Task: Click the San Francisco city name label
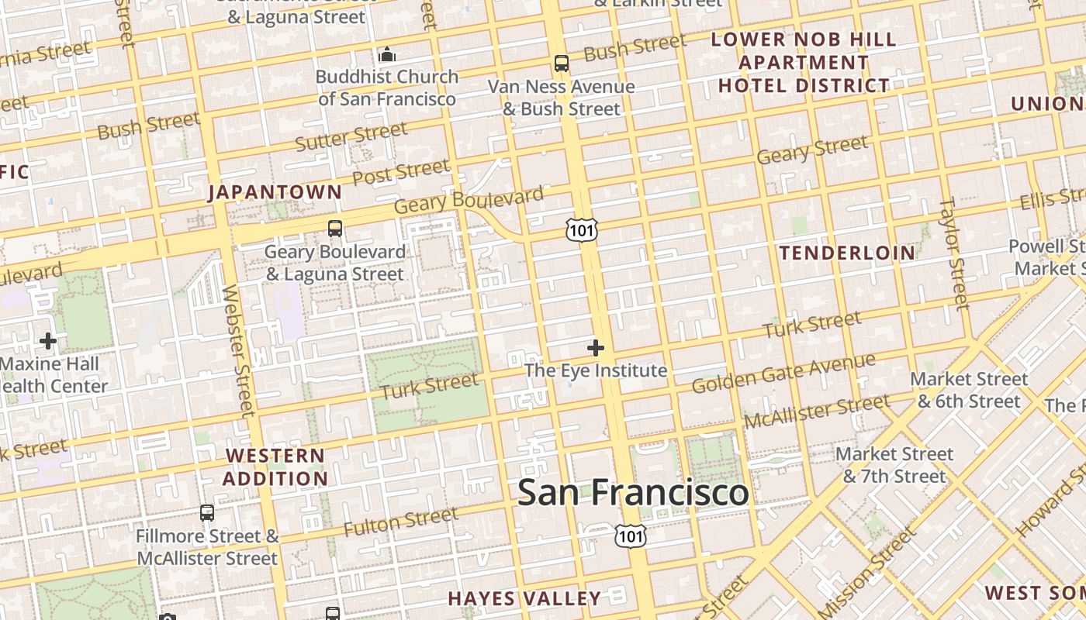tap(633, 493)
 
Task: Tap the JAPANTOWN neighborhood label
tap(275, 192)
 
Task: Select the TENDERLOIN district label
tap(847, 253)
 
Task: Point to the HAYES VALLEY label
tap(524, 598)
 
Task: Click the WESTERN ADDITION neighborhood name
tap(275, 467)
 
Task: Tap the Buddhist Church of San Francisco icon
tap(386, 55)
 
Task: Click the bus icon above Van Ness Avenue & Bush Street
tap(561, 64)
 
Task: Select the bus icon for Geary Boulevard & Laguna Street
tap(335, 229)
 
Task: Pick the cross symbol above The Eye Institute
tap(595, 348)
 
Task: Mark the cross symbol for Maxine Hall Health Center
tap(48, 340)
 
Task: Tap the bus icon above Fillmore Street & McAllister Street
tap(207, 512)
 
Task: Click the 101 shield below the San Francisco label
tap(630, 535)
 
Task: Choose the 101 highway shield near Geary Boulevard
tap(581, 229)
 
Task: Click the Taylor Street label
tap(954, 253)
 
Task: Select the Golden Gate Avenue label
tap(783, 373)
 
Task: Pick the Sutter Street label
tap(351, 137)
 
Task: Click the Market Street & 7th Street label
tap(894, 465)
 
